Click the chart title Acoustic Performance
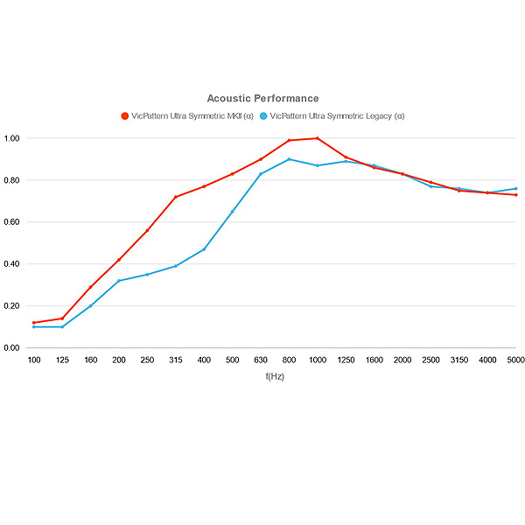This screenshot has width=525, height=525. [262, 98]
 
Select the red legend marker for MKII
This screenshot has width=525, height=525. [125, 116]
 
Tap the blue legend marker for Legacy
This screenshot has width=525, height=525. [263, 116]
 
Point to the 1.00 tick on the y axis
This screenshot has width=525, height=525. [11, 138]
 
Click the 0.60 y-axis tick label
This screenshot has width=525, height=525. [11, 222]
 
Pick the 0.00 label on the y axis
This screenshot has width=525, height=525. [11, 348]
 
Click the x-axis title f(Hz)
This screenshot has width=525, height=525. [275, 376]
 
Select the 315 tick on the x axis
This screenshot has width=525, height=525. [176, 360]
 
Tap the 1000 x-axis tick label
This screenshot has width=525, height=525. [318, 360]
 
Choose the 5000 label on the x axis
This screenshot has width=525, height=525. [516, 360]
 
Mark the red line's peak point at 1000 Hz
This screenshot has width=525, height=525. [318, 138]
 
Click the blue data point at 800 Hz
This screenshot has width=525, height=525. [289, 159]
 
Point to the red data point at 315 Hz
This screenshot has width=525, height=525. [176, 197]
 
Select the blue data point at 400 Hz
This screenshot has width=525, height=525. [204, 249]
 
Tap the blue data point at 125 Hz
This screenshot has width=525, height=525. [62, 326]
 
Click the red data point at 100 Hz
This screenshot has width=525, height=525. [34, 323]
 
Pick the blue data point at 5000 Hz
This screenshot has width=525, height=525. [516, 189]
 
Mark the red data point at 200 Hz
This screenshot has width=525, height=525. [119, 260]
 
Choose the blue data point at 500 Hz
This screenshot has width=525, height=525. [233, 212]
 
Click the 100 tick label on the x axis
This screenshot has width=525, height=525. [34, 360]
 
